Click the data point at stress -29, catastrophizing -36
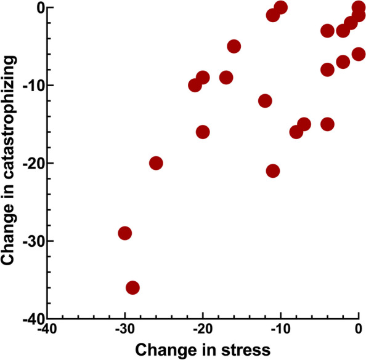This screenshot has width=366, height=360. point(132,287)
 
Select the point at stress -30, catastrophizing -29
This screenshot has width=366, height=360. point(125,233)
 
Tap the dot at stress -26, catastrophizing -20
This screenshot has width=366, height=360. point(156,163)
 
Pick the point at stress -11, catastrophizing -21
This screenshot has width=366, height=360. point(272,171)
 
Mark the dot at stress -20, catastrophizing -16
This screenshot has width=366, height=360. point(203,132)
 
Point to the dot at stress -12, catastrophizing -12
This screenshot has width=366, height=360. point(265,101)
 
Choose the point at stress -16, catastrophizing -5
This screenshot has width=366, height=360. point(234,46)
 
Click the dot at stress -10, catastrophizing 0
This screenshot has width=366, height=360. point(280,7)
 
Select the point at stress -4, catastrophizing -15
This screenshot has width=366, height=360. point(327,124)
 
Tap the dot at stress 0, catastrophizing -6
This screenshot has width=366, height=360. point(358,54)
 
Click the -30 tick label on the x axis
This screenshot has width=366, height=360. point(125,329)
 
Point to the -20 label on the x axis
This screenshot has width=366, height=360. point(203,329)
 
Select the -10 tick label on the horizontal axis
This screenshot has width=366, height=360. point(281,329)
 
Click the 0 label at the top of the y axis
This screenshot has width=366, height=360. point(40,8)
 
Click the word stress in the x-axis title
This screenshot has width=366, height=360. point(246,350)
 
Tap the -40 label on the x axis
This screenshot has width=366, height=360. point(47,329)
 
